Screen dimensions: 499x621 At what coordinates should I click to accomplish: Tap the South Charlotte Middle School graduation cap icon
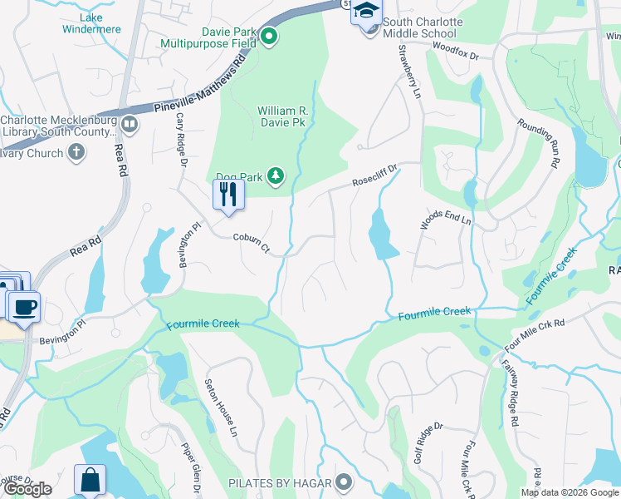point(365,12)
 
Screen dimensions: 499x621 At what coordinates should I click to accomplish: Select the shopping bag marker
point(90,480)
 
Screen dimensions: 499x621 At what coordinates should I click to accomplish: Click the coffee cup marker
point(23,306)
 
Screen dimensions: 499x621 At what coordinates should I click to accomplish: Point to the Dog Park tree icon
point(276,175)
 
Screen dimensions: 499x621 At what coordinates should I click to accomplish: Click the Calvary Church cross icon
point(76,152)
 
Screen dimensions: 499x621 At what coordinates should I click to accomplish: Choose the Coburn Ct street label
point(252,242)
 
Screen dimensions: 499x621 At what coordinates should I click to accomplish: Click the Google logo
point(27,489)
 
